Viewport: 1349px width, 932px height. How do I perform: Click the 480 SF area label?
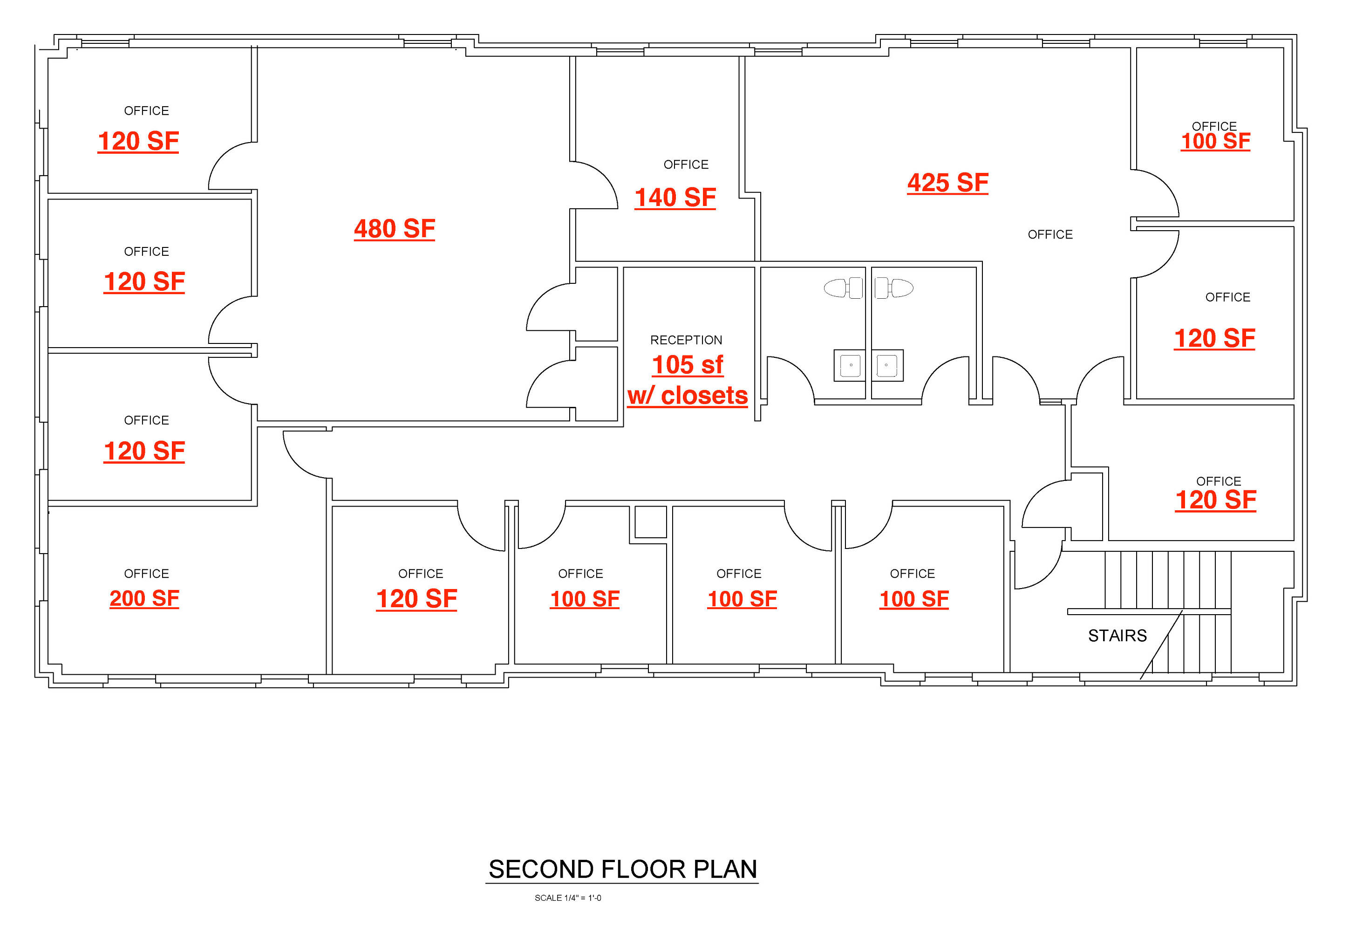click(395, 228)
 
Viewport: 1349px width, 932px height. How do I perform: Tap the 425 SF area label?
click(947, 183)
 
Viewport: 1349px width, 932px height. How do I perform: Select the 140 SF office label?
click(675, 198)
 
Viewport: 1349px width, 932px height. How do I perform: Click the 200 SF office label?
click(144, 598)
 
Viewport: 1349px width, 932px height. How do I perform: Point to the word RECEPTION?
click(686, 340)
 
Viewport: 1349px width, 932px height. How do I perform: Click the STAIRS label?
click(1117, 635)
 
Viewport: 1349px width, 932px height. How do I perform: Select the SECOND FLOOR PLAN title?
click(622, 869)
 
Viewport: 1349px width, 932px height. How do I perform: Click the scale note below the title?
click(567, 898)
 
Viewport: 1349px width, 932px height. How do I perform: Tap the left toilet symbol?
click(844, 288)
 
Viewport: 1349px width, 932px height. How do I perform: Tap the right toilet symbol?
click(894, 288)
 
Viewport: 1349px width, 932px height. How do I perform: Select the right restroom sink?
click(887, 365)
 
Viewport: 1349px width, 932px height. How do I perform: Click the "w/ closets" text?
click(687, 395)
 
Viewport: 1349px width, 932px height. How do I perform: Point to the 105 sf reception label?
click(687, 365)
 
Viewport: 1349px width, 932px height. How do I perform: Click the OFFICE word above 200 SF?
click(147, 574)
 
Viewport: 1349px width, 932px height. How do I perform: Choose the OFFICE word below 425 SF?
click(1050, 234)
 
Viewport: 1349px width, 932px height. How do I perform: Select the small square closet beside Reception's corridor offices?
click(650, 521)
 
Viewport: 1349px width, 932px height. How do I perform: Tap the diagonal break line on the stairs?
click(1161, 644)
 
